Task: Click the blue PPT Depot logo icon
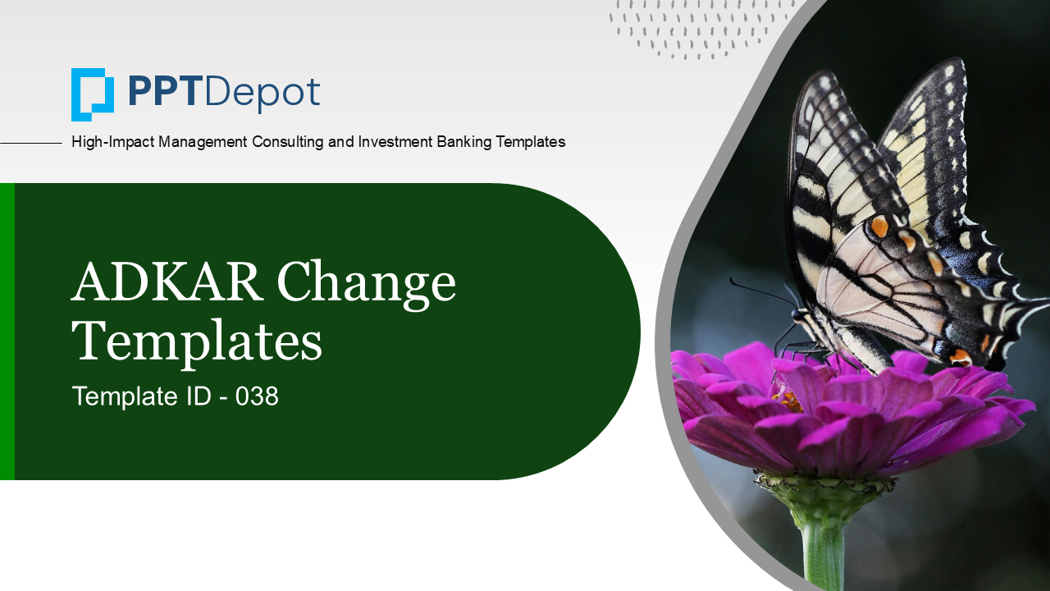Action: coord(93,94)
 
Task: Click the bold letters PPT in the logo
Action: coord(163,92)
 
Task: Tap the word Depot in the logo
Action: coord(262,94)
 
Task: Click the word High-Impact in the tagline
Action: coord(112,142)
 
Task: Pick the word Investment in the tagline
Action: coord(395,141)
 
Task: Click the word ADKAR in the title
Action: coord(167,282)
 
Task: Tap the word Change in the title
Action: coord(367,285)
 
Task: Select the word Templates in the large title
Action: coord(197,342)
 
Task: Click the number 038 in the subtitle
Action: coord(257,396)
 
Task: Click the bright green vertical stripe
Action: coord(7,331)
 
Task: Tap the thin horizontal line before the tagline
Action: coord(31,143)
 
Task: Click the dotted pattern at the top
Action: coord(698,28)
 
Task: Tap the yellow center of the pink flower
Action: coord(788,402)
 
